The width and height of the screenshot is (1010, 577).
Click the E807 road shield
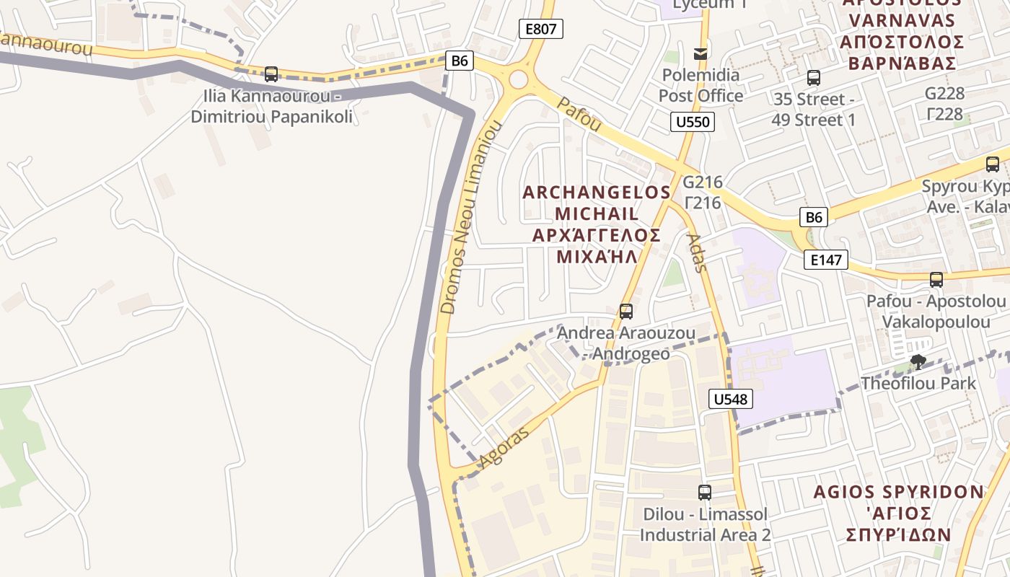tap(540, 29)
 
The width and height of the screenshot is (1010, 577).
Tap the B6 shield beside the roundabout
tap(460, 61)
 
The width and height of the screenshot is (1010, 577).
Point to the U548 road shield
tap(731, 399)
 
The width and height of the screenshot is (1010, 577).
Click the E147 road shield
tap(825, 260)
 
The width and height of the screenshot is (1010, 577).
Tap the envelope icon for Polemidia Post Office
tap(700, 53)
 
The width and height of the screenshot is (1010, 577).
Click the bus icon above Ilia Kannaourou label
tap(271, 74)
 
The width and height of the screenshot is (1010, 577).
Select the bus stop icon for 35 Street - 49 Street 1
tap(814, 78)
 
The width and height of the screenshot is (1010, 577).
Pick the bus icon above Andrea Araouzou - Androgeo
tap(626, 312)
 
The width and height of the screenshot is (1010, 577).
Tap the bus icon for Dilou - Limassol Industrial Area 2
tap(705, 493)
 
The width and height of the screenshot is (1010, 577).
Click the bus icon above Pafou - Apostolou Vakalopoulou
tap(936, 280)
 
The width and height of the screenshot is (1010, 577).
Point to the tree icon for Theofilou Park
tap(918, 362)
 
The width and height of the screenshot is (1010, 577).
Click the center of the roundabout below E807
tap(518, 79)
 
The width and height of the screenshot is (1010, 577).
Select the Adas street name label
tap(694, 252)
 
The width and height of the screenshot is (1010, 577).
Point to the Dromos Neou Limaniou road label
tap(470, 217)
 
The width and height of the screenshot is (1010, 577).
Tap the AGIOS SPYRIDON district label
tap(899, 493)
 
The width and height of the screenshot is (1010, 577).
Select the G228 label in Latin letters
tap(944, 94)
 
